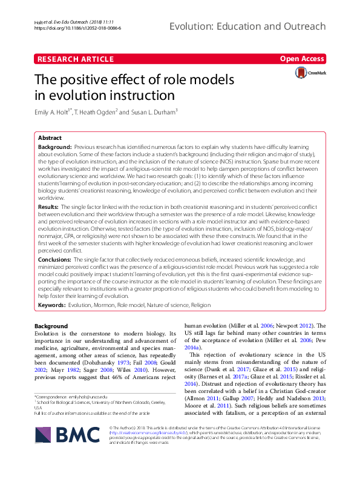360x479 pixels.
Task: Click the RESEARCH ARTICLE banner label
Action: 76,59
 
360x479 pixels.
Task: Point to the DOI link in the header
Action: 77,28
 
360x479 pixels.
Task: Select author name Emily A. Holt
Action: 60,112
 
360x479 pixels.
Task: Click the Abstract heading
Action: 50,137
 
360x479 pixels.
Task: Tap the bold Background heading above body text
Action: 51,326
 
